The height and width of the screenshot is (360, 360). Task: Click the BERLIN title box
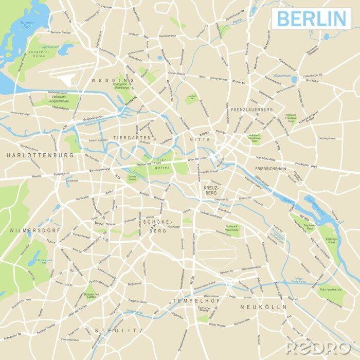(x=312, y=18)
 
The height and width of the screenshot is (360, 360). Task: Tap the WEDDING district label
(x=113, y=81)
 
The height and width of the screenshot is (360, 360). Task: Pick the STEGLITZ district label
(x=119, y=330)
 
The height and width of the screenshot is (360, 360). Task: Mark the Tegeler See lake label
(x=27, y=25)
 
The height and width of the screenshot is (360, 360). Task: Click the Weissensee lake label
(x=282, y=76)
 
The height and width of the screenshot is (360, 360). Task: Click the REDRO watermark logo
(x=319, y=348)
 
